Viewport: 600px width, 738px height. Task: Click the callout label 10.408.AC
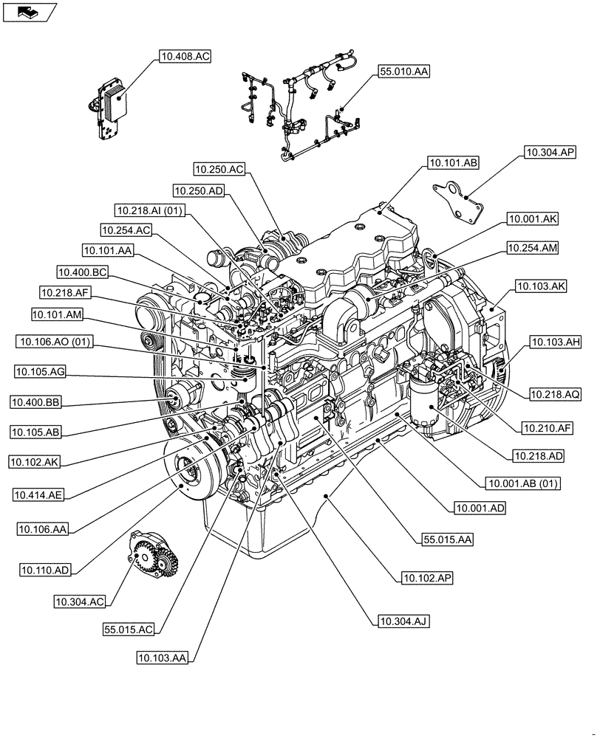tap(184, 55)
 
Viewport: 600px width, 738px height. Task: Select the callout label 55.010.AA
tap(404, 72)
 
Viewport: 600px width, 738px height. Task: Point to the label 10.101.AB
tap(453, 162)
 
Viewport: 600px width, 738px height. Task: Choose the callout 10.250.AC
tap(219, 169)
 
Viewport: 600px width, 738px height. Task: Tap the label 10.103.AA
tap(161, 657)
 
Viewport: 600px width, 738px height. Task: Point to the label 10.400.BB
tap(36, 401)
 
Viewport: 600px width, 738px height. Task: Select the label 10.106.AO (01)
tap(56, 342)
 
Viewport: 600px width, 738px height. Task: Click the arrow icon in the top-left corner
tap(29, 12)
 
